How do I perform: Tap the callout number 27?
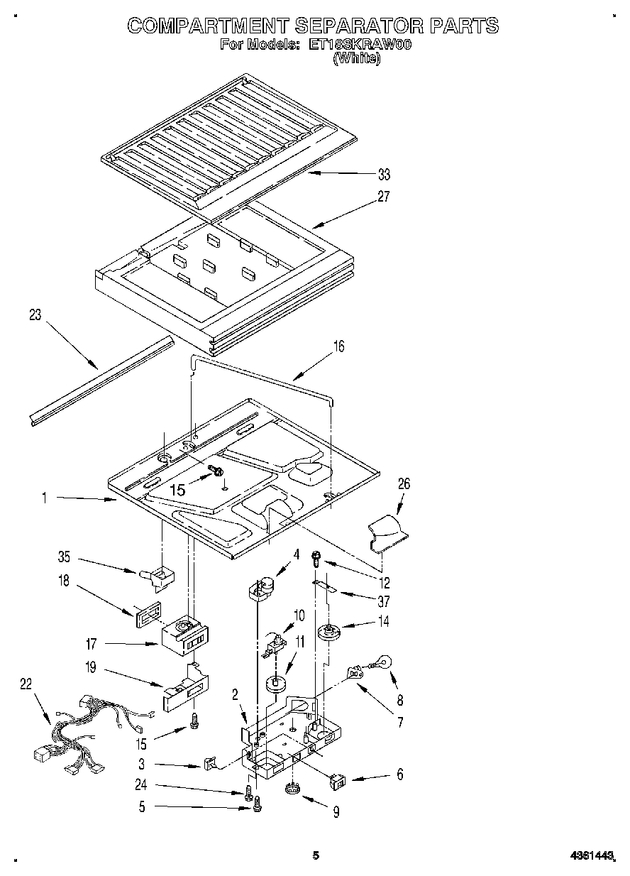(x=383, y=197)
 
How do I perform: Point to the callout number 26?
(x=404, y=484)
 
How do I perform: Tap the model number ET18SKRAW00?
(x=360, y=45)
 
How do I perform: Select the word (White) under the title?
(x=357, y=60)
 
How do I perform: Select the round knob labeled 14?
(x=328, y=632)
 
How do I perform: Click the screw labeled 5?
(x=258, y=804)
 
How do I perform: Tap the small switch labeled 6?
(x=338, y=781)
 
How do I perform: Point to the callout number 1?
(x=44, y=499)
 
